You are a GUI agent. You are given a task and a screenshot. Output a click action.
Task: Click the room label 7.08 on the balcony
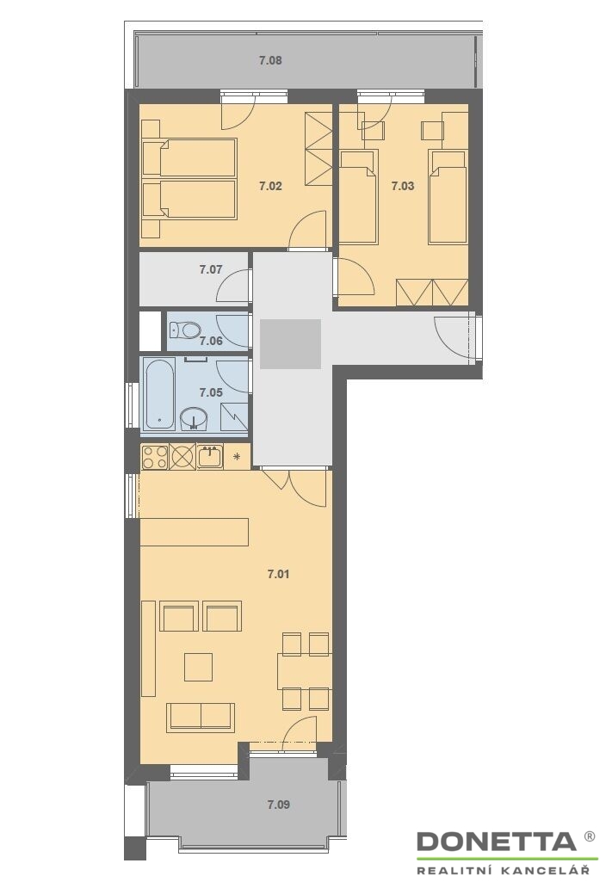[270, 60]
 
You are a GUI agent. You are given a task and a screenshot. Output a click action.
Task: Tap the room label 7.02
[270, 186]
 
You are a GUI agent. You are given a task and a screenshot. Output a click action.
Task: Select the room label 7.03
[403, 186]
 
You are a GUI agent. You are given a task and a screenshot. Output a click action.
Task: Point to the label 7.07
[211, 269]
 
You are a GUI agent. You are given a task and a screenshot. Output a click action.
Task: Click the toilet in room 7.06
[185, 329]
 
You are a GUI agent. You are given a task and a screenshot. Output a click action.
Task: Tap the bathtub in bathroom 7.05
[159, 394]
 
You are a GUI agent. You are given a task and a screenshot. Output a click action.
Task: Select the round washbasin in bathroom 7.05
[194, 419]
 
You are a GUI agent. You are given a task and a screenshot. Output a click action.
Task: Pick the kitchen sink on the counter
[210, 456]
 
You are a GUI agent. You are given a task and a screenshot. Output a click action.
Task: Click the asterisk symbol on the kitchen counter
[237, 456]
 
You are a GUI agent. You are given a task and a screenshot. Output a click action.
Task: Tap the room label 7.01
[278, 574]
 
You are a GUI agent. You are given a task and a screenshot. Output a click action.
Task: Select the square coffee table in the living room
[198, 667]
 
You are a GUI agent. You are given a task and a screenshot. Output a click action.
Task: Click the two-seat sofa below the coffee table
[201, 717]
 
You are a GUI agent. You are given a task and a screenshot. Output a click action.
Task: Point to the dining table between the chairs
[304, 672]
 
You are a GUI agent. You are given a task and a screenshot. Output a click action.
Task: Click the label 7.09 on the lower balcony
[278, 805]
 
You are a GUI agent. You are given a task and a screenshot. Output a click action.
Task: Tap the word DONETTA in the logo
[497, 842]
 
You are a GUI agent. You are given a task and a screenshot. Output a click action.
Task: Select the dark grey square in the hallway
[291, 344]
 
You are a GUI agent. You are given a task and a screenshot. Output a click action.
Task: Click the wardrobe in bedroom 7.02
[318, 148]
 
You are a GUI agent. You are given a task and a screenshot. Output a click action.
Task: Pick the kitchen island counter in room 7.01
[195, 532]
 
